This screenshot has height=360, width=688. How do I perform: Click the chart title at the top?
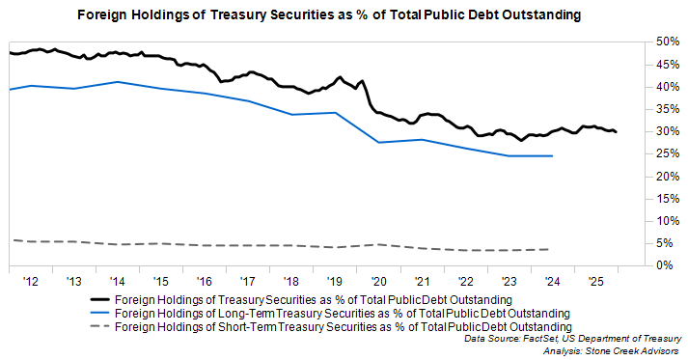pos(344,15)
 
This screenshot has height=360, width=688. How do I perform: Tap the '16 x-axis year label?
pos(204,280)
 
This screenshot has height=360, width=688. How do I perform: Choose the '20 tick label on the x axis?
pos(377,280)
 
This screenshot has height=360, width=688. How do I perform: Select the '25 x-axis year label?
pos(594,280)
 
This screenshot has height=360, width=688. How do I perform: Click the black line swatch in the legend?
pos(94,300)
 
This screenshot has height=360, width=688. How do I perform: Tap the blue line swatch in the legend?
pos(94,314)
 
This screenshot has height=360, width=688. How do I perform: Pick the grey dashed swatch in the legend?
pos(94,327)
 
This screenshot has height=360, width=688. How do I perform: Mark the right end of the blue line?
pos(552,155)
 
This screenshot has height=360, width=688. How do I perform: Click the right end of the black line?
pos(617,131)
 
